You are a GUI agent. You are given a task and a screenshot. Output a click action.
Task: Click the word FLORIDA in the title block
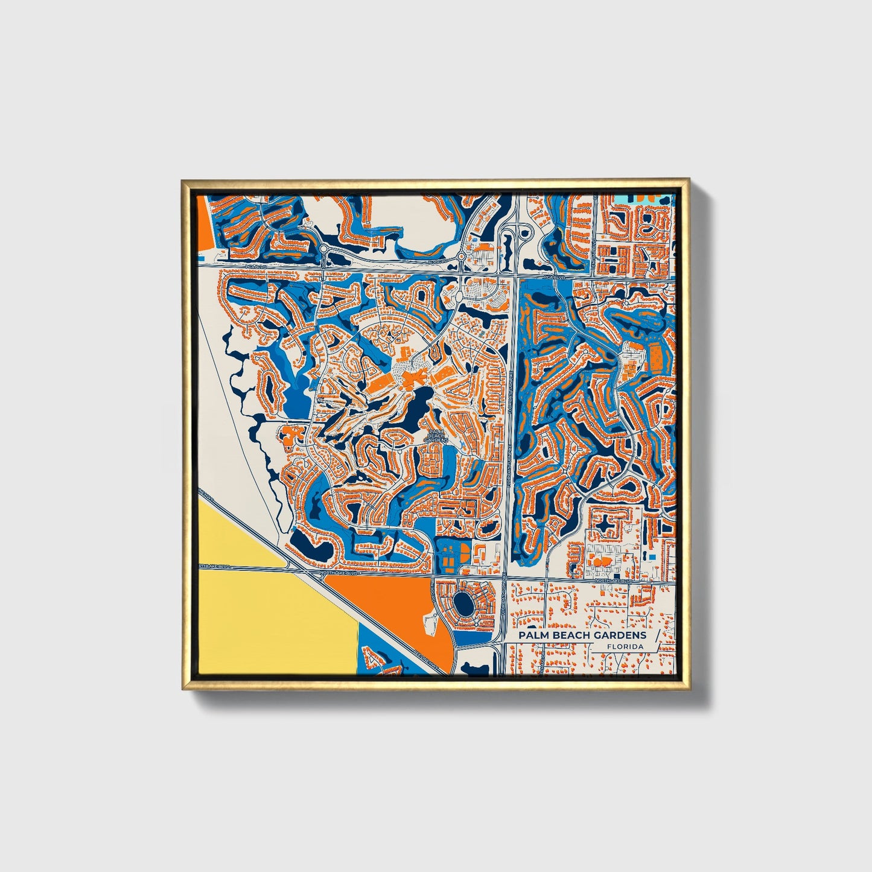click(x=625, y=646)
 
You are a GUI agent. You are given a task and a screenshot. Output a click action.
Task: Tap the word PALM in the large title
click(x=531, y=635)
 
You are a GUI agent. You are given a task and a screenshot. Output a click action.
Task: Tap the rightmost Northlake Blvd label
click(x=613, y=581)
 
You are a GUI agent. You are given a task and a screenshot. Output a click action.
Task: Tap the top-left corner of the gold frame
click(x=183, y=180)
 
